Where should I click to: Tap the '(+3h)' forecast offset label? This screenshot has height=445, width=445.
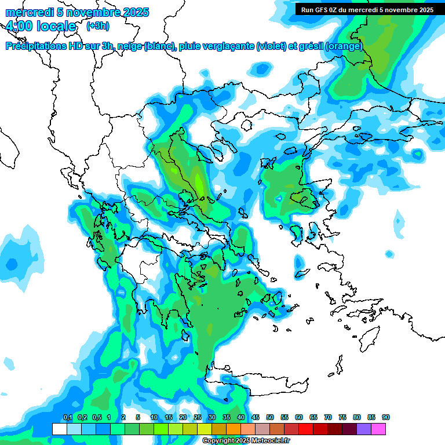click(96, 25)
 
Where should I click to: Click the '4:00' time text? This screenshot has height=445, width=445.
click(20, 26)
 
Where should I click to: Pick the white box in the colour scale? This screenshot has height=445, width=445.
click(59, 429)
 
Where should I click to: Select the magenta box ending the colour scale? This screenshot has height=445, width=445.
click(378, 429)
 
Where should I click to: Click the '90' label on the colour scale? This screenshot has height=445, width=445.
click(386, 417)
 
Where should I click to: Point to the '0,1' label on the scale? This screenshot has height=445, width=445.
click(67, 417)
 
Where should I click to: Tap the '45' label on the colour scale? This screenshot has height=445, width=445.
click(256, 417)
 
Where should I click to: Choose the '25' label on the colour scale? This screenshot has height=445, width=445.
click(198, 417)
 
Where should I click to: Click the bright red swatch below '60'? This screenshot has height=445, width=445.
click(306, 429)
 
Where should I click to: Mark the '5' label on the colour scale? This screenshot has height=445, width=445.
click(137, 417)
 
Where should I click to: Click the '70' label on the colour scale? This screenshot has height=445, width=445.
click(328, 417)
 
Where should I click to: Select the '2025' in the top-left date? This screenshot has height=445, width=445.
click(130, 12)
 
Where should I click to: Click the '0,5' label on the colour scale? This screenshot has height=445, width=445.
click(96, 417)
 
